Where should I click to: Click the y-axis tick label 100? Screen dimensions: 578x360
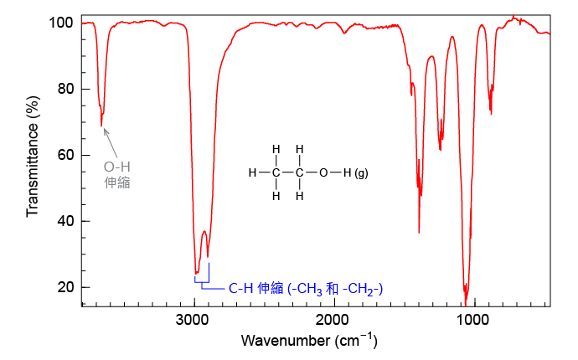(x=61, y=23)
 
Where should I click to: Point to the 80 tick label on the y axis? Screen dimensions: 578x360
(x=65, y=89)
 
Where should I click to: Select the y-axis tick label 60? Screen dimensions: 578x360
(x=65, y=155)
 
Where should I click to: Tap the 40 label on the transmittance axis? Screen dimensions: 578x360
(x=65, y=221)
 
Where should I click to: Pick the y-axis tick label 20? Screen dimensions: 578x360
(x=65, y=287)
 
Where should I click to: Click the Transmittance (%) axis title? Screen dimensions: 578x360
(x=33, y=157)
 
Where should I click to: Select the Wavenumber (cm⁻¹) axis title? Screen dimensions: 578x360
(x=309, y=340)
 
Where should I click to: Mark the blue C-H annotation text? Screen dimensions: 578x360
(x=306, y=289)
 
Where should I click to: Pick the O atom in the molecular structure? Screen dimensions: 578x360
(x=323, y=172)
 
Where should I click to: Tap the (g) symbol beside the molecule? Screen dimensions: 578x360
(x=361, y=172)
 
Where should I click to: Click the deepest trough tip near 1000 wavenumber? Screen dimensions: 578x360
(x=466, y=305)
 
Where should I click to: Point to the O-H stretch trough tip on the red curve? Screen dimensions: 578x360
(x=101, y=126)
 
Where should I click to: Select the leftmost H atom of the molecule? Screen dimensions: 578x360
(x=252, y=172)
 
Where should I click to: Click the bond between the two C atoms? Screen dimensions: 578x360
(x=288, y=172)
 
